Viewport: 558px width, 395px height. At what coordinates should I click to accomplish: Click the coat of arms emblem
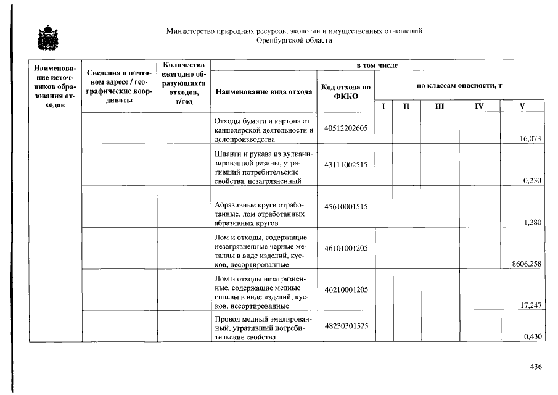(x=45, y=38)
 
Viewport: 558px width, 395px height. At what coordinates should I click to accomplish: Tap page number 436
(x=535, y=367)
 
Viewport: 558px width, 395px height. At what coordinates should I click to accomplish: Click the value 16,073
(x=531, y=139)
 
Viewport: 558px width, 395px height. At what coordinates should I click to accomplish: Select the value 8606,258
(x=527, y=264)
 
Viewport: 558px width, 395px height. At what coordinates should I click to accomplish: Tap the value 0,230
(x=532, y=181)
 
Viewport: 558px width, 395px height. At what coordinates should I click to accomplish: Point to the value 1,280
(x=532, y=223)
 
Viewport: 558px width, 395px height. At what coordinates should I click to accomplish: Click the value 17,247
(x=531, y=306)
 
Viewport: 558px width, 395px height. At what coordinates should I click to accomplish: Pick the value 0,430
(x=532, y=337)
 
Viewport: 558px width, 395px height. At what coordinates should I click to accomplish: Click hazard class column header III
(x=439, y=106)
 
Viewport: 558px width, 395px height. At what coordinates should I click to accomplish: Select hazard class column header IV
(x=479, y=106)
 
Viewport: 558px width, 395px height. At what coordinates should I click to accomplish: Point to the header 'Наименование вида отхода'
(x=263, y=92)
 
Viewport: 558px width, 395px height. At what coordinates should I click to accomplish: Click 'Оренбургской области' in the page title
(x=294, y=41)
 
